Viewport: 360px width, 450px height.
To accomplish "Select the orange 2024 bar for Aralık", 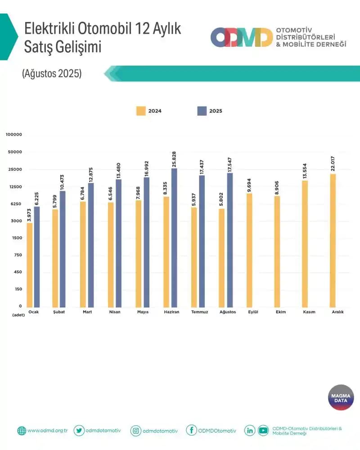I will point(333,240).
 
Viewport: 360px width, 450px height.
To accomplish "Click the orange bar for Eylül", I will point(249,250).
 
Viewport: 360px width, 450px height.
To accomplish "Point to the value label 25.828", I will point(174,159).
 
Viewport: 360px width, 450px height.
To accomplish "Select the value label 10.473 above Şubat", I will point(63,182).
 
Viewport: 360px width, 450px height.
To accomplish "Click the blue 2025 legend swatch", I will point(202,111).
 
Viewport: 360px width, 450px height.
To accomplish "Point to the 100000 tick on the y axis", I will point(14,135).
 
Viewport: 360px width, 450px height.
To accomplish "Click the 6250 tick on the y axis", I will point(16,204).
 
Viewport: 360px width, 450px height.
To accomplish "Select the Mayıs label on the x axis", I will point(143,312).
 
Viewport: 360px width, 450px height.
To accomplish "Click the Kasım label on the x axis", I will point(309,312).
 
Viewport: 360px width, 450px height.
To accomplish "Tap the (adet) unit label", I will point(18,316).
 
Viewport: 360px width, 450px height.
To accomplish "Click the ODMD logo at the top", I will point(242,37).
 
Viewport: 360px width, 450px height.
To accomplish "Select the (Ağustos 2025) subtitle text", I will point(52,74).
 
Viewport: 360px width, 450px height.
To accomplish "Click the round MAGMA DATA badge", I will point(341,397).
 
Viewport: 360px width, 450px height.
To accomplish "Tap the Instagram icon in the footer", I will point(135,431).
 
